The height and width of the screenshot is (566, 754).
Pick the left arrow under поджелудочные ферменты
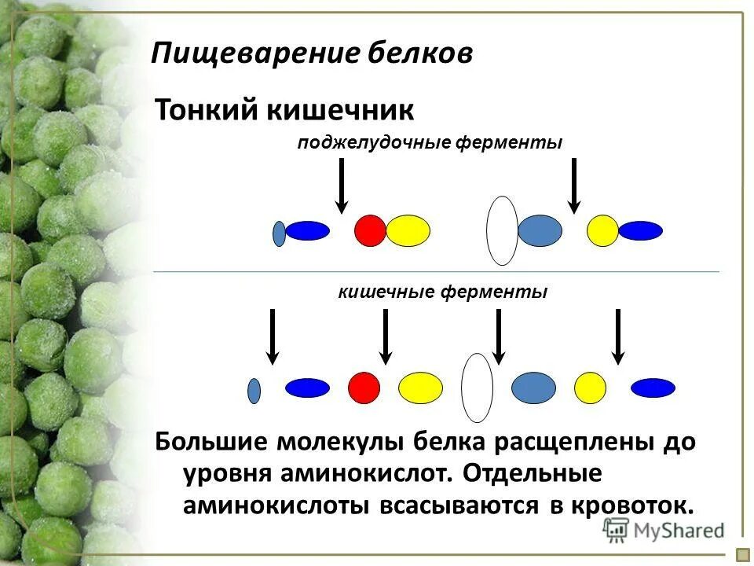(x=341, y=186)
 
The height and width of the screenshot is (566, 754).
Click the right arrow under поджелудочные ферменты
(x=574, y=186)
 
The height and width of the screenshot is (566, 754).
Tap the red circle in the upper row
(x=370, y=230)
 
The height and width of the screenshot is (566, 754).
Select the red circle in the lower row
(x=364, y=387)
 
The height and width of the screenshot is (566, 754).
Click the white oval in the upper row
(x=502, y=230)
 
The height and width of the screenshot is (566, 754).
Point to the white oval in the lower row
(x=477, y=388)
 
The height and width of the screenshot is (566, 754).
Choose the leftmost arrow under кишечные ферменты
(x=272, y=336)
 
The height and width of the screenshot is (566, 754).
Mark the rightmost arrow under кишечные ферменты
(x=618, y=336)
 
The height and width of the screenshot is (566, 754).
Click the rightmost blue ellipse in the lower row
(x=653, y=388)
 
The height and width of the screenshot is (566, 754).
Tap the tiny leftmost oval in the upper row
(x=279, y=233)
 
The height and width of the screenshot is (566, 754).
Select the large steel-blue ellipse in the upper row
(x=540, y=230)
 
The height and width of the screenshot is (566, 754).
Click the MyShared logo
(x=664, y=531)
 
